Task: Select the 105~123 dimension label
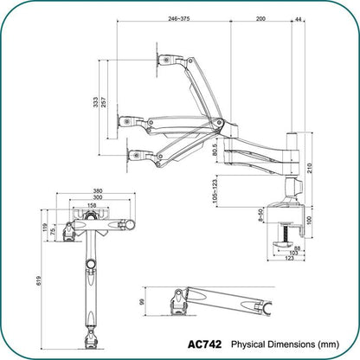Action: click(214, 188)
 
